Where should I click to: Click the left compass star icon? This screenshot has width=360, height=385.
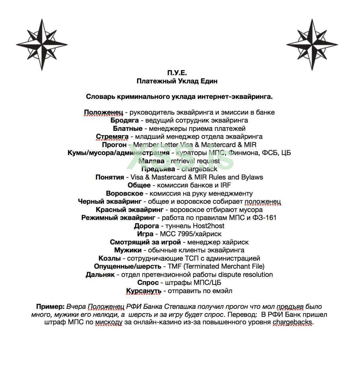(x=42, y=45)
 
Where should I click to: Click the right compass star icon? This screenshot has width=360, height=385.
(x=312, y=45)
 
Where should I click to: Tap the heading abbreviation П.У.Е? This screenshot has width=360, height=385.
(x=177, y=73)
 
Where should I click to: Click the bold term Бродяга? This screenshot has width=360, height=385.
(x=124, y=120)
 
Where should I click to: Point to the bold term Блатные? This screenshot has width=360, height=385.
(x=128, y=128)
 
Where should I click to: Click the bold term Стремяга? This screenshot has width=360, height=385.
(x=112, y=137)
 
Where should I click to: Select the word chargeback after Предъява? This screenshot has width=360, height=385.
(x=199, y=169)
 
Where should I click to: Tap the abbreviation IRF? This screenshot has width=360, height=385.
(x=225, y=185)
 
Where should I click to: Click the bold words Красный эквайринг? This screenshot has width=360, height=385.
(x=130, y=210)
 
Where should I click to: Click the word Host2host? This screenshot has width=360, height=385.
(x=208, y=226)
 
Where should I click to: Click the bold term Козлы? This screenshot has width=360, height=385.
(x=109, y=258)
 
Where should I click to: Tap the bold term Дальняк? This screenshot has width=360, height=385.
(x=100, y=275)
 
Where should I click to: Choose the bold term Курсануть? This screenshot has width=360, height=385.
(x=144, y=291)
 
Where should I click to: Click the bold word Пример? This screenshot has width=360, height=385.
(x=50, y=307)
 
